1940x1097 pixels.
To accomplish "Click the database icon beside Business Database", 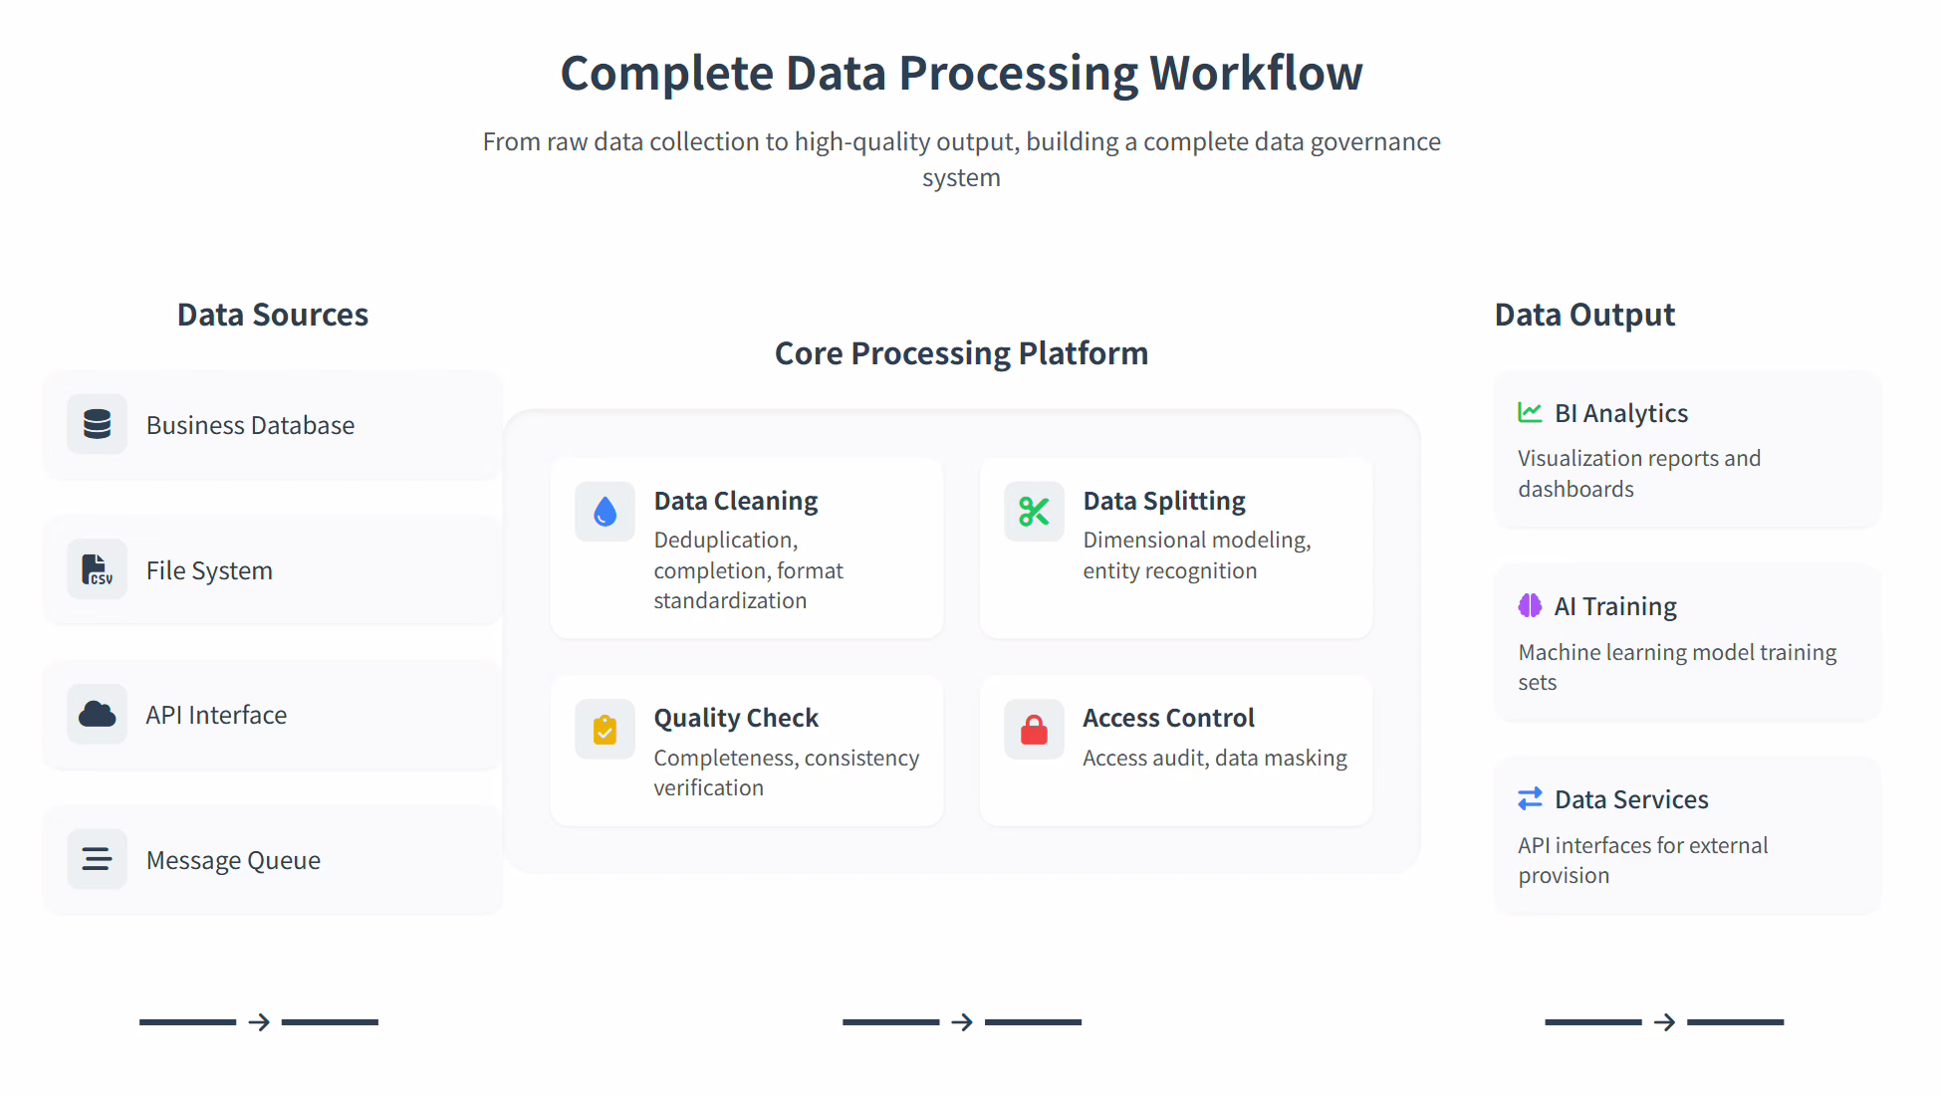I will pos(97,424).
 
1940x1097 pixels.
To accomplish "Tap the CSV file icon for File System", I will pos(97,569).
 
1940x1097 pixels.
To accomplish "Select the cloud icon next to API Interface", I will pos(97,714).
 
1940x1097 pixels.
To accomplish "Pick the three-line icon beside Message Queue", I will pos(97,859).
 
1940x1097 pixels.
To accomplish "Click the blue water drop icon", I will pos(605,512).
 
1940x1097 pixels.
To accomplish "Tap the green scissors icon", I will pos(1034,512).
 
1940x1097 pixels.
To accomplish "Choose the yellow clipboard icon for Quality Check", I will pos(605,730).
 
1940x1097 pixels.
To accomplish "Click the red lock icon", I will pos(1034,730).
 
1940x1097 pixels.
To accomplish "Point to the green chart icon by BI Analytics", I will pos(1530,412).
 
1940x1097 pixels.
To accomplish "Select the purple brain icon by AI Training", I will pos(1530,605).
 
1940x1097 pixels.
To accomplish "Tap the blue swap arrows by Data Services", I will pos(1530,798).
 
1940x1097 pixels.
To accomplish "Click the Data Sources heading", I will pos(273,315).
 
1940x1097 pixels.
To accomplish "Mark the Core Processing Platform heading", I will pos(961,353).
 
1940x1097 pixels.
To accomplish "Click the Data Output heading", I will pos(1584,315).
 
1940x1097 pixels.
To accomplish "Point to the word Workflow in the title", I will pos(1256,74).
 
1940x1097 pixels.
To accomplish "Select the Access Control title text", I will pos(1168,718).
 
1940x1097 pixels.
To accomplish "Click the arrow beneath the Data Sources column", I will pos(259,1022).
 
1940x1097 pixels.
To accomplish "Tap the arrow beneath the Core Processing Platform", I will pos(962,1022).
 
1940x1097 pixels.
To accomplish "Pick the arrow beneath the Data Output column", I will pos(1664,1022).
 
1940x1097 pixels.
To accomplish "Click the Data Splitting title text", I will pos(1164,501).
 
